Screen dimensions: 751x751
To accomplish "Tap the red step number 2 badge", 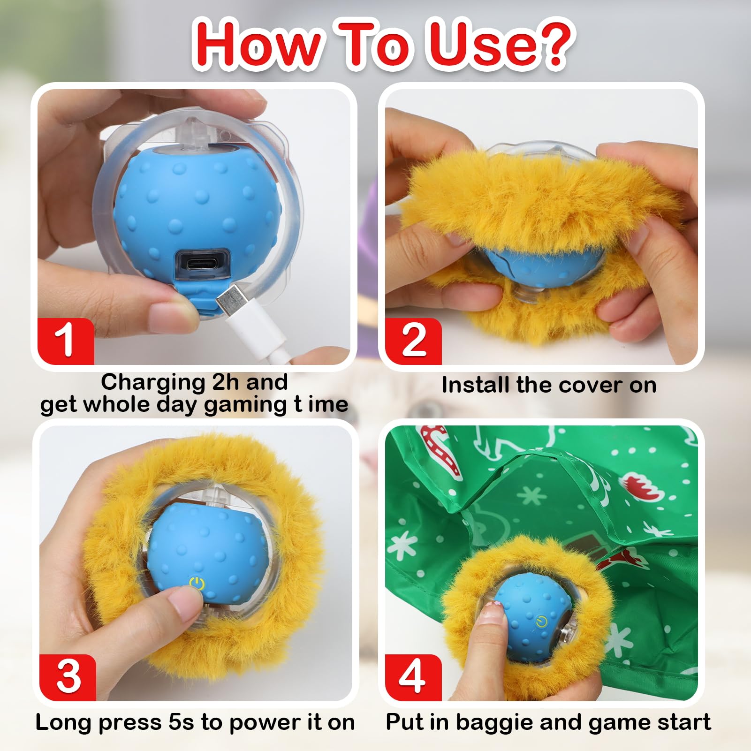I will (x=413, y=341).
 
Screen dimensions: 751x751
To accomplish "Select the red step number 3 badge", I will (x=68, y=677).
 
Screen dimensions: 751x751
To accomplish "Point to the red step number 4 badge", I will (x=412, y=677).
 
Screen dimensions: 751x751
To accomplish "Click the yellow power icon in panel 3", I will (x=197, y=584).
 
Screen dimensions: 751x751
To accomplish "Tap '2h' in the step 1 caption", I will (x=225, y=382).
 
